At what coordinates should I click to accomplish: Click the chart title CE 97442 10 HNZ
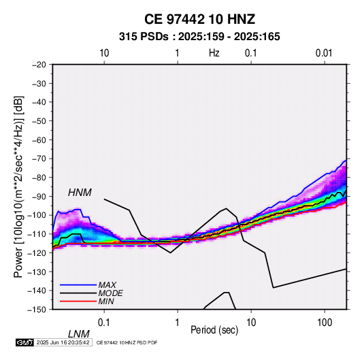coord(199,19)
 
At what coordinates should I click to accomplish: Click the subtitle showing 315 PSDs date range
coord(199,37)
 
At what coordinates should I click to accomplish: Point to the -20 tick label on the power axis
coord(39,65)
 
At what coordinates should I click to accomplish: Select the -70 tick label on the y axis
coord(39,159)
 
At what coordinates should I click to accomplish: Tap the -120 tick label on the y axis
coord(37,252)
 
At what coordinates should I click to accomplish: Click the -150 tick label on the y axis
coord(37,310)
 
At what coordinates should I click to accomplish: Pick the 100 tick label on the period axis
coord(325,323)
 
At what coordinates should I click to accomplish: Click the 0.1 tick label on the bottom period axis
coord(103,323)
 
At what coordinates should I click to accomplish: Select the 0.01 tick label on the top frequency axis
coord(324,53)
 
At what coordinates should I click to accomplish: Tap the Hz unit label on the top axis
coord(214,53)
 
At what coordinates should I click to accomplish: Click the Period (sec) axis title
coord(214,330)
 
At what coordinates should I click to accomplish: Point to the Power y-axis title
coord(18,186)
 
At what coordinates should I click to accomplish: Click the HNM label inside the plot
coord(80,193)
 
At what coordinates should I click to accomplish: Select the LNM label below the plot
coord(78,334)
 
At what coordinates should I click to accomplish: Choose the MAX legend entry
coord(107,284)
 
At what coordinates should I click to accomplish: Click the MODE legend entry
coord(110,293)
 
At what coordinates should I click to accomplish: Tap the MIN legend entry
coord(106,301)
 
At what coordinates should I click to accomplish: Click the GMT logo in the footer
coord(24,342)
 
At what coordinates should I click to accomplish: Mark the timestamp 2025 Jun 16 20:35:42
coord(63,342)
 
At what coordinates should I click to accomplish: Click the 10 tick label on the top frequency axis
coord(104,53)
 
